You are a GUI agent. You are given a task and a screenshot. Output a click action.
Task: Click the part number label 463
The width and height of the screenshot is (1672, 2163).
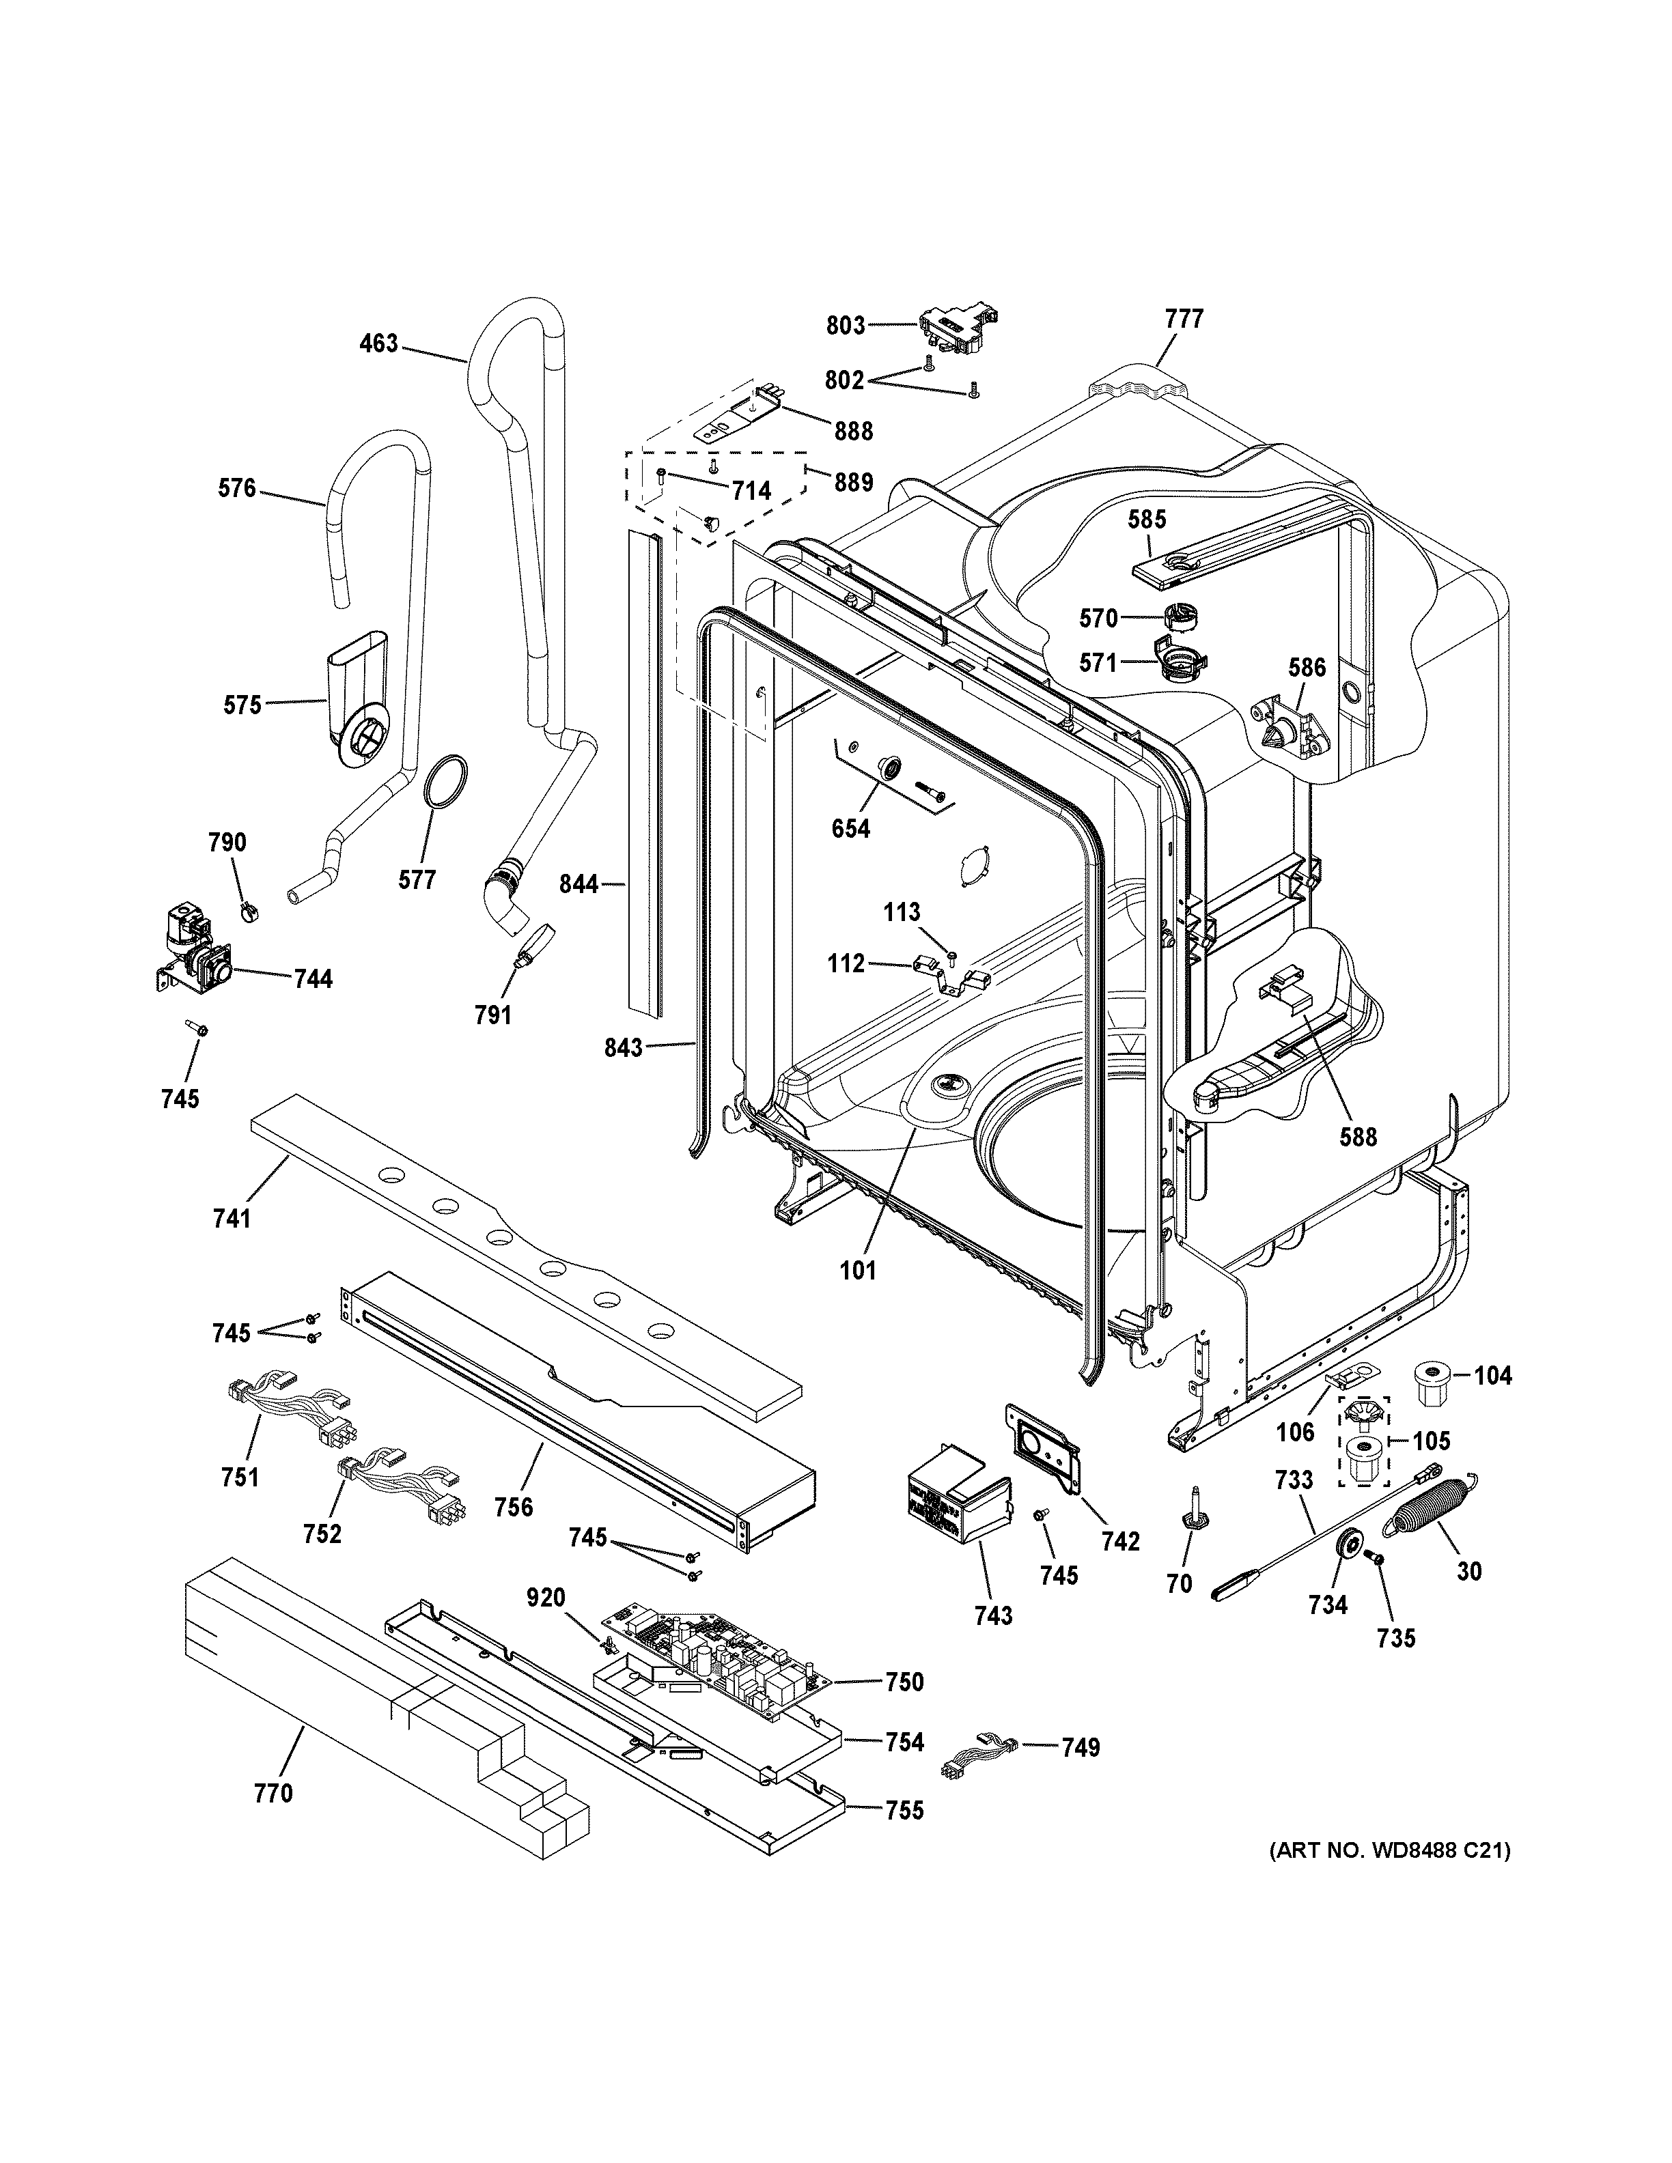[x=378, y=343]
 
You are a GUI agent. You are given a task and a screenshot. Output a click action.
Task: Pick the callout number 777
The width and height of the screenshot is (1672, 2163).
[x=1184, y=319]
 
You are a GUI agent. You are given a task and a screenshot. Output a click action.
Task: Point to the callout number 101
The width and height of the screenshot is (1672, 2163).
[x=859, y=1271]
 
